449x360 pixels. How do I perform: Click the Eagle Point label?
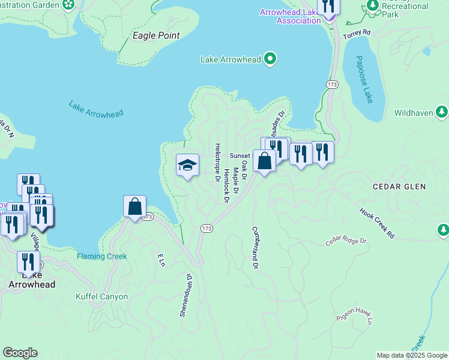(x=156, y=35)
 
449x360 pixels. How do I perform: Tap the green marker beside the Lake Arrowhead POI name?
(x=270, y=59)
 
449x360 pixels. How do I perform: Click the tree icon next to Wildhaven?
(x=442, y=112)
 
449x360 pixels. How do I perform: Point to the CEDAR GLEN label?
(x=399, y=187)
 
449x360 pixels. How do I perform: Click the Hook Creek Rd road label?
(x=377, y=223)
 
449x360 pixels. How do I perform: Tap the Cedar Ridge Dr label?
(x=346, y=241)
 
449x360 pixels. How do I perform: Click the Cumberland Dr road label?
(x=255, y=247)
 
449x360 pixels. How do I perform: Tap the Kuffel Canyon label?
(x=101, y=296)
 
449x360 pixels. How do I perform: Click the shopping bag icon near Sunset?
(x=264, y=160)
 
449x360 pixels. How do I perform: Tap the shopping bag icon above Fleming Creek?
(x=135, y=206)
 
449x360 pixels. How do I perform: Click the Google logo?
(x=20, y=353)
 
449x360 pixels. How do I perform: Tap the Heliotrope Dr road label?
(x=216, y=162)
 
